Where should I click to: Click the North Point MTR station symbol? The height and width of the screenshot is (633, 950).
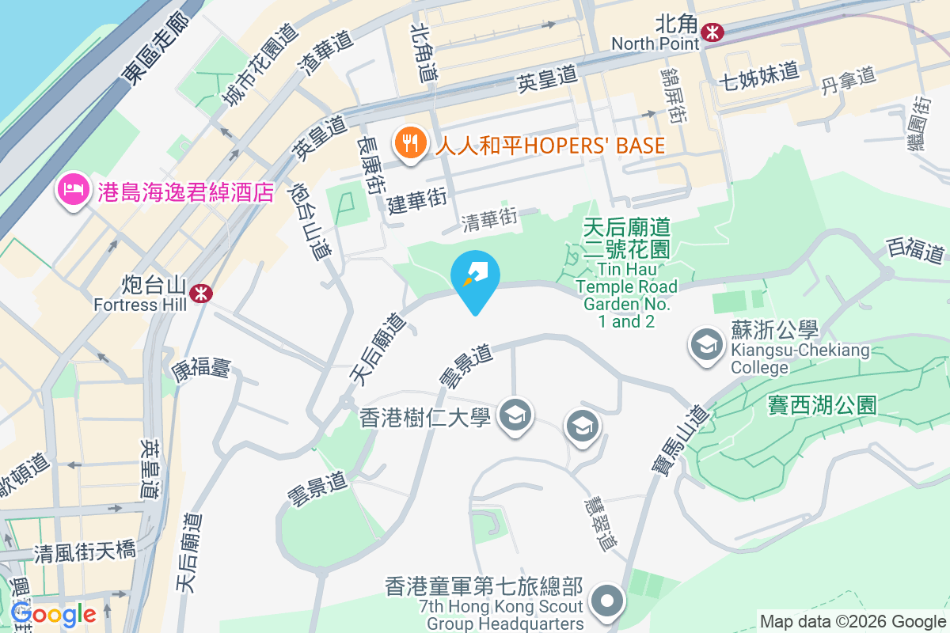[713, 32]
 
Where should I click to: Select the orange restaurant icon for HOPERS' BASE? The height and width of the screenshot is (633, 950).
[409, 144]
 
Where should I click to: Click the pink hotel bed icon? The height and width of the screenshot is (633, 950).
[72, 191]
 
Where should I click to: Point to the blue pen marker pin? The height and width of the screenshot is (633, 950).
[475, 278]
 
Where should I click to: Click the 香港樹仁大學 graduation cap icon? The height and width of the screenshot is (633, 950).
[515, 415]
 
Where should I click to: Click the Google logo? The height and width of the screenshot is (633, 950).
[54, 614]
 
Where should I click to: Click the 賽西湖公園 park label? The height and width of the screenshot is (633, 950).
[822, 405]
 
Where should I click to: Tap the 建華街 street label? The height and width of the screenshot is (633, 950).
[418, 201]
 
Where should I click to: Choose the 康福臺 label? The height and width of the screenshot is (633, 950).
[200, 366]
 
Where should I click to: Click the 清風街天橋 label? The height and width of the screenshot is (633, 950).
[84, 551]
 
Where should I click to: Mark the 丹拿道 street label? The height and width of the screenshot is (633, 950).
[848, 78]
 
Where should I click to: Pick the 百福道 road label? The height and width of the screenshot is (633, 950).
[915, 251]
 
